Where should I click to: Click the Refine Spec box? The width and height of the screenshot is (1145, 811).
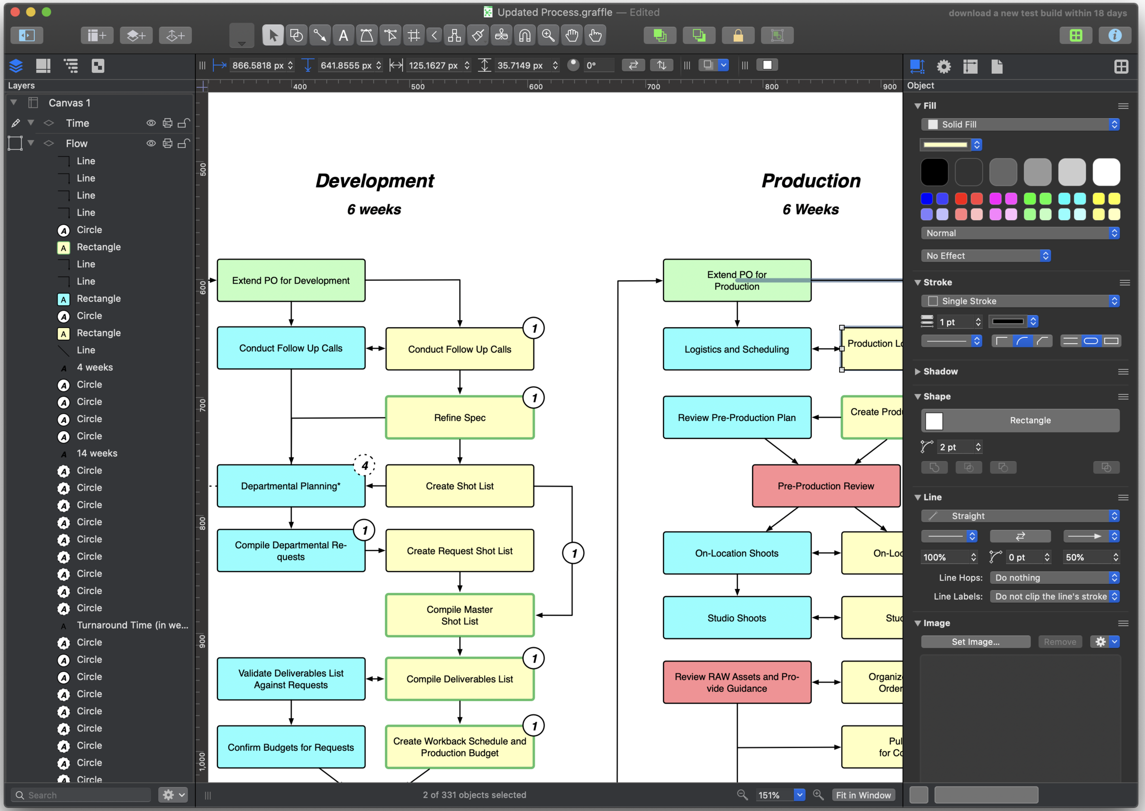pos(460,417)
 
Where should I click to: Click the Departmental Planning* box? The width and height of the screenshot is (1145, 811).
pos(290,486)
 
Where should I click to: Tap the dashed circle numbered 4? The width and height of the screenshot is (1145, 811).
pos(365,465)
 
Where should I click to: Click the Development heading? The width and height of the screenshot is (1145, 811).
pos(375,181)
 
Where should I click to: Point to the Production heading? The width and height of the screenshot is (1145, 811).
pos(811,181)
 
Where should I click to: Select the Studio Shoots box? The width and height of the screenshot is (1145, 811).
pos(736,618)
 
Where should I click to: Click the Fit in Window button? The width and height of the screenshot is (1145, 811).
pos(863,795)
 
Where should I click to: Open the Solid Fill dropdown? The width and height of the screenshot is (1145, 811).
pos(1019,125)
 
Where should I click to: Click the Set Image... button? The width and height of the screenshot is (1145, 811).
pos(975,642)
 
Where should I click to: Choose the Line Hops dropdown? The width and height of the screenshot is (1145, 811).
pos(1054,578)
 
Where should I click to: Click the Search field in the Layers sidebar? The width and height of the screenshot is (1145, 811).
pos(83,795)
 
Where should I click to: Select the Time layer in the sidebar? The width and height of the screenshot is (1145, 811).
pos(78,124)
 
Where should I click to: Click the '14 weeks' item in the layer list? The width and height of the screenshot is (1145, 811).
pos(97,454)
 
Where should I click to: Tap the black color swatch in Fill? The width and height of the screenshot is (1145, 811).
pos(934,172)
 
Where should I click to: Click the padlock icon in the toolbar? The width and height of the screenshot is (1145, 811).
pos(738,36)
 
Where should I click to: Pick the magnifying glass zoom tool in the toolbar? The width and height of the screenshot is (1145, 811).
pos(548,36)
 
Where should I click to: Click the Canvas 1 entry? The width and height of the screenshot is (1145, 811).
pos(69,103)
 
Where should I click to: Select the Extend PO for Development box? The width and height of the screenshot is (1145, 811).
pos(291,280)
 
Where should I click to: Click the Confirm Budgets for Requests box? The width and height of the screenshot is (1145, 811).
pos(291,747)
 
